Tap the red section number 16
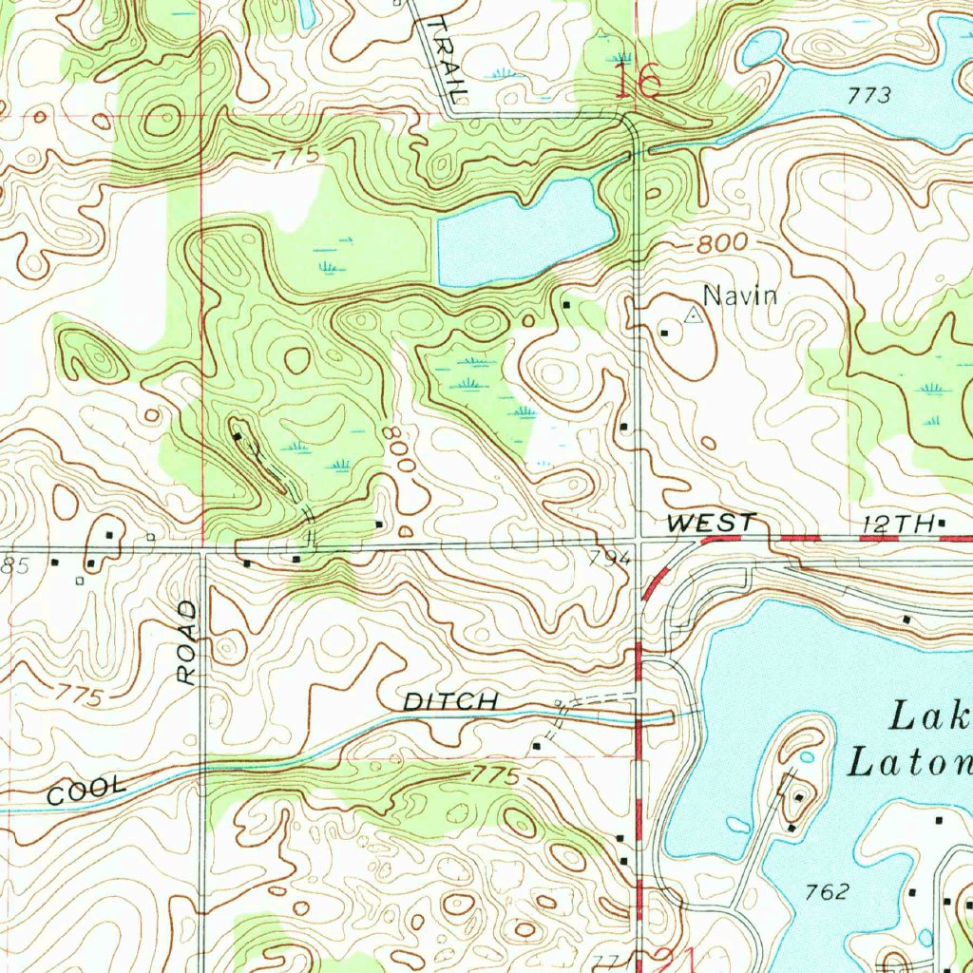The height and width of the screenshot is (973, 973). [638, 82]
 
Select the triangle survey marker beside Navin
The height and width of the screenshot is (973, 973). [694, 315]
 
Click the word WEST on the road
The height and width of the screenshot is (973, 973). [711, 523]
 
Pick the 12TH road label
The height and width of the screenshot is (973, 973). [896, 524]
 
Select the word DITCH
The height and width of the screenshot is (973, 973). [450, 702]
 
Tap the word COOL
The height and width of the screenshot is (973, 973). [86, 790]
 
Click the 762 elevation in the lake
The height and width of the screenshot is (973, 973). [825, 891]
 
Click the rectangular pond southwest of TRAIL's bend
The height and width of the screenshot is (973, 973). [524, 233]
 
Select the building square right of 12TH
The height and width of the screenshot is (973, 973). [942, 523]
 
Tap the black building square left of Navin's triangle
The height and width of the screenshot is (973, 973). [664, 332]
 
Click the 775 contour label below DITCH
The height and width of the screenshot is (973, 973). [497, 777]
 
